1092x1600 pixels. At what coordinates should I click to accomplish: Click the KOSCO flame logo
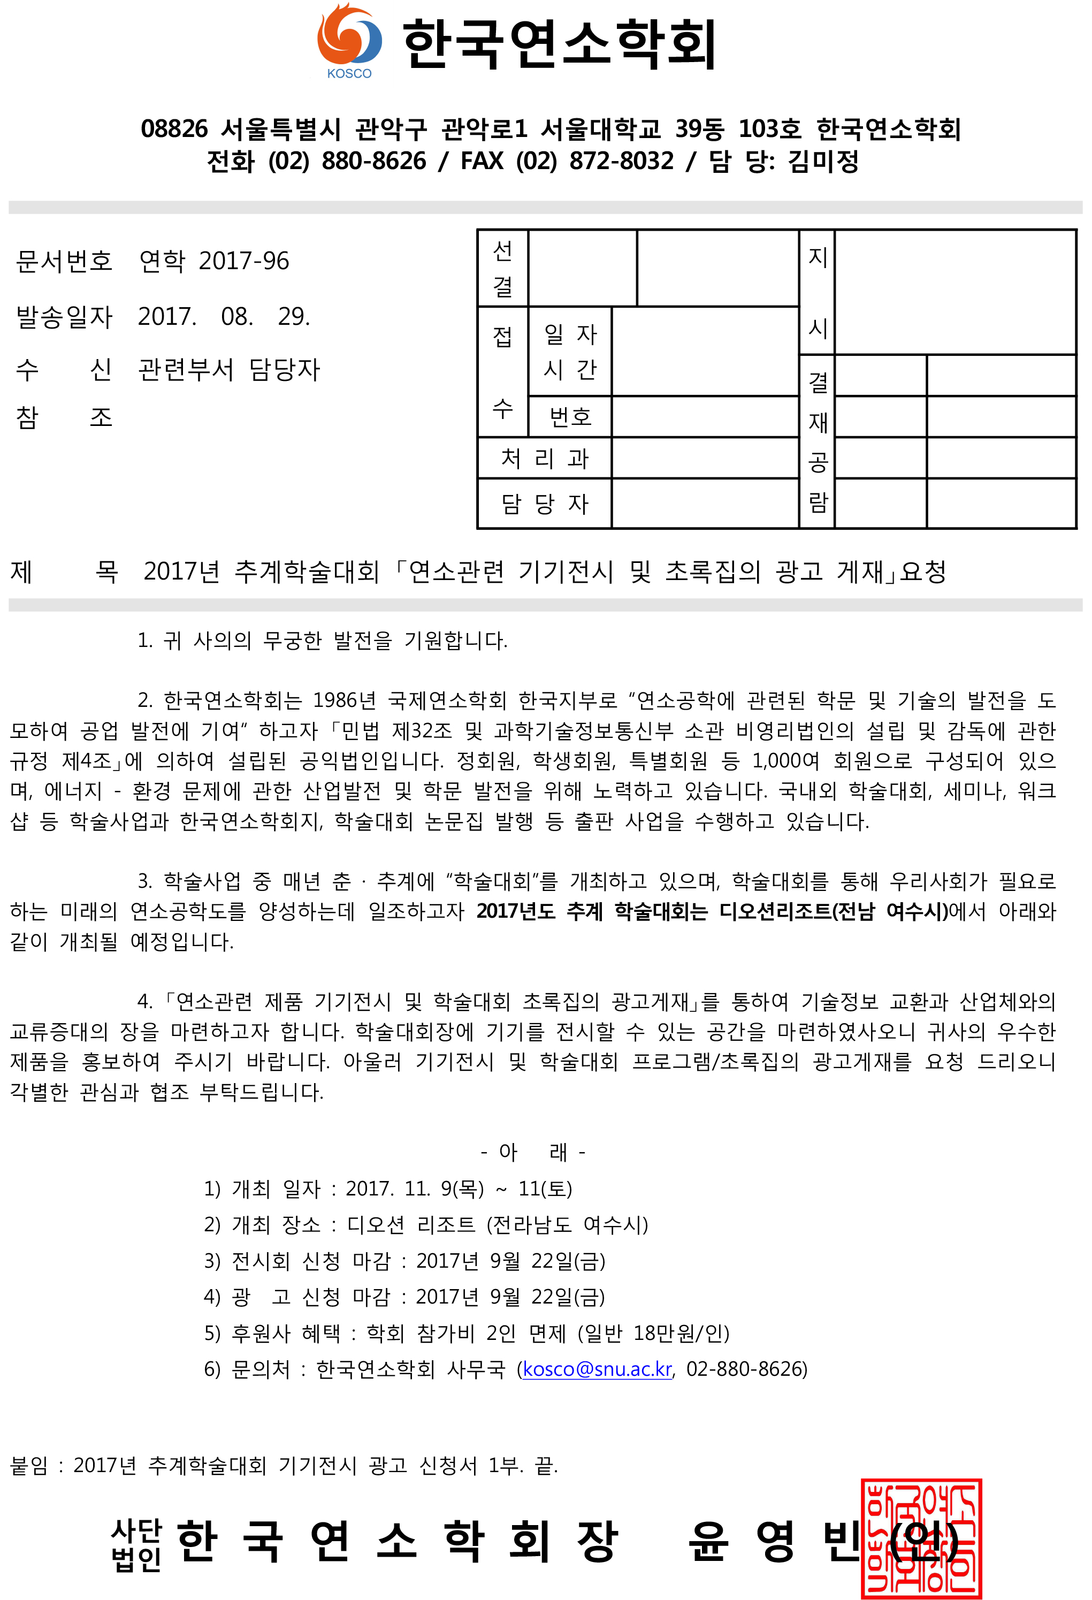coord(348,40)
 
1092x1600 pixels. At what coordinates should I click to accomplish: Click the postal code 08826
coord(174,129)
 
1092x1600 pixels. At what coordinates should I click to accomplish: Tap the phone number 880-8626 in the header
coord(374,161)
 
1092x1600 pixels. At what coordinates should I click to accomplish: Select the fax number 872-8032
coord(621,161)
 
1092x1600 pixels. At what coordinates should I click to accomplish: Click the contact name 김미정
coord(823,161)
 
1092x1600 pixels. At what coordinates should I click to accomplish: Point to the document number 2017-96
coord(244,261)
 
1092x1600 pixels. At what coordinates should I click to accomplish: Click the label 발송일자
coord(64,317)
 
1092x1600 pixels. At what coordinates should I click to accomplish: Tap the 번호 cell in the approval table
coord(570,416)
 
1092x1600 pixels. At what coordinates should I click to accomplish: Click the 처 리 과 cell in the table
coord(545,459)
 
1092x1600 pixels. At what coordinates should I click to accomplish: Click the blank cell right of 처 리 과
coord(704,459)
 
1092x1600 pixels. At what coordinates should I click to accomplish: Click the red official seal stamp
coord(921,1538)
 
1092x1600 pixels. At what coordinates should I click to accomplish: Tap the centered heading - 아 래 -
coord(533,1151)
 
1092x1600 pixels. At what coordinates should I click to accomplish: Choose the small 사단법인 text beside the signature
coord(136,1544)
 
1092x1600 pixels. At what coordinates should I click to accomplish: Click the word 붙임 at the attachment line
coord(29,1465)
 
